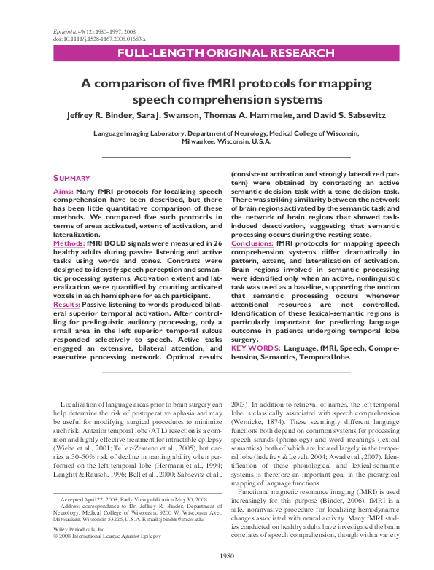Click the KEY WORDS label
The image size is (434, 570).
(x=255, y=348)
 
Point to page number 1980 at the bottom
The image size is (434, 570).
(x=217, y=556)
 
